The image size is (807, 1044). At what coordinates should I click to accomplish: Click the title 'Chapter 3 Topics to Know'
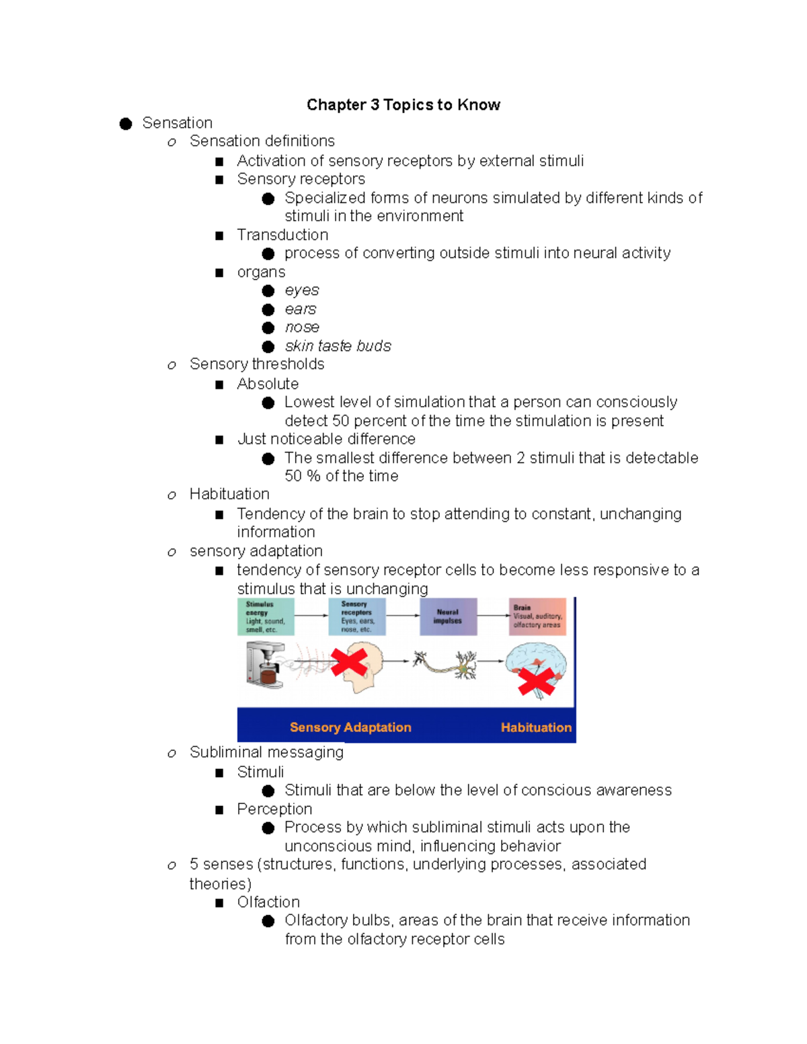(x=403, y=105)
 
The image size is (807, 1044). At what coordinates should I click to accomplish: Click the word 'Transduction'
(x=282, y=235)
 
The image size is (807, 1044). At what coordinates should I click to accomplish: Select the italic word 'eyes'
(x=301, y=290)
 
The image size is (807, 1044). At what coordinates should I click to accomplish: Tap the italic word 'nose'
(x=301, y=327)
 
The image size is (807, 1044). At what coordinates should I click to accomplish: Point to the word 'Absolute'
(x=268, y=384)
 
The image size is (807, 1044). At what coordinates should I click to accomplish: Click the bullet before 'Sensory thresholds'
(x=172, y=365)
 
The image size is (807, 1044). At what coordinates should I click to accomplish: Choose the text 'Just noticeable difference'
(x=326, y=439)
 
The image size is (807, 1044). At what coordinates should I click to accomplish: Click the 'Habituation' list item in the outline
(x=229, y=494)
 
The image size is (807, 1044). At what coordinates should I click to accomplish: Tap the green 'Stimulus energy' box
(x=266, y=616)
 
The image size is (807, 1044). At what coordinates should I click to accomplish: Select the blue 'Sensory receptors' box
(x=356, y=616)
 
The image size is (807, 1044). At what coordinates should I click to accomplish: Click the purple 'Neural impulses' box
(x=448, y=616)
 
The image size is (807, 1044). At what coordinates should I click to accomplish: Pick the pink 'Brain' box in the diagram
(x=537, y=616)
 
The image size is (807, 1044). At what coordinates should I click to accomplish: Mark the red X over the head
(x=349, y=662)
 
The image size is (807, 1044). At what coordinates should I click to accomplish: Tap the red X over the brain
(x=536, y=682)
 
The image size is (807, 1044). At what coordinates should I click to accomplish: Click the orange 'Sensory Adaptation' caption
(x=350, y=727)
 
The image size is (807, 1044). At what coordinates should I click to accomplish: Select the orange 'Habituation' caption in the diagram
(x=536, y=727)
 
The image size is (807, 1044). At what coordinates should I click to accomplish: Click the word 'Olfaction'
(x=268, y=902)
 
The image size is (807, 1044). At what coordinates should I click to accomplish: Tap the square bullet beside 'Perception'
(x=219, y=810)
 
